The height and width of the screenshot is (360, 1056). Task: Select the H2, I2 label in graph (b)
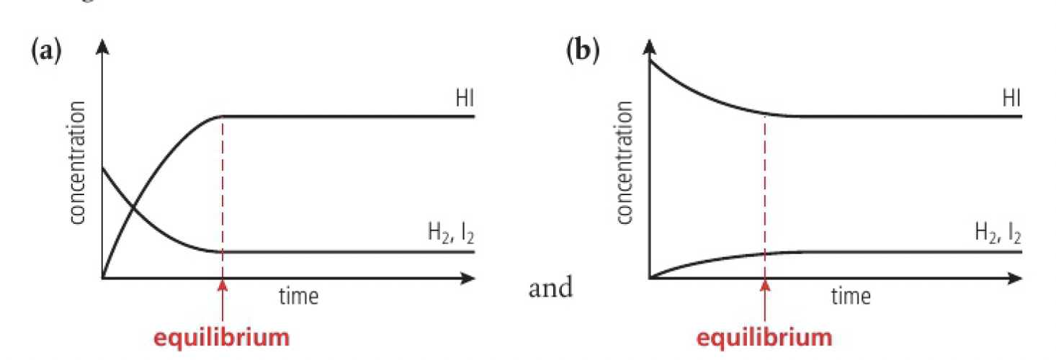[997, 233]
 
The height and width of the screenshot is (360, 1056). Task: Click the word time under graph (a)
[300, 295]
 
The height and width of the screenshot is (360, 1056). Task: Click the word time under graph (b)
[851, 295]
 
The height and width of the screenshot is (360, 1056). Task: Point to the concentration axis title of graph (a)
[79, 163]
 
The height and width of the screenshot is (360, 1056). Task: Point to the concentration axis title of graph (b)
[625, 163]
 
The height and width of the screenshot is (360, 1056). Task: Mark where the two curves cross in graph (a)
[134, 210]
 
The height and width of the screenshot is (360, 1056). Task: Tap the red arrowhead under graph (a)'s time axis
[223, 284]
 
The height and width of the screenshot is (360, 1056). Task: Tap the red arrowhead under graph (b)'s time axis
[765, 284]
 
